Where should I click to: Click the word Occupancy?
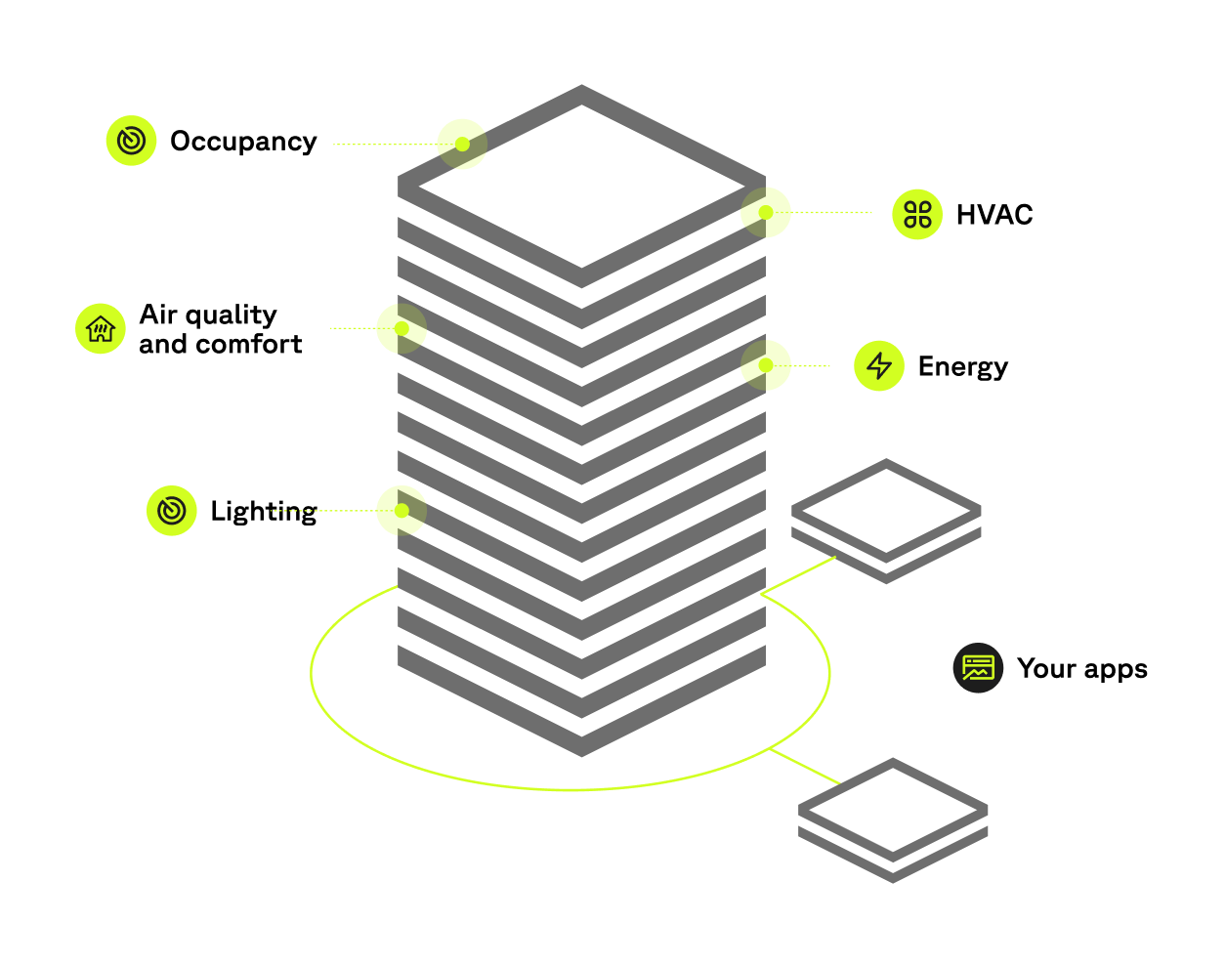pyautogui.click(x=243, y=142)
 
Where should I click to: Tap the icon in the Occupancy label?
pyautogui.click(x=132, y=141)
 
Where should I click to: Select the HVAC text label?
pyautogui.click(x=993, y=215)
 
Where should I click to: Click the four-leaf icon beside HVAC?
pyautogui.click(x=917, y=214)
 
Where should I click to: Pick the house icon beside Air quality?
pyautogui.click(x=101, y=328)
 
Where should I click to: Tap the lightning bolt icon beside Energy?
pyautogui.click(x=879, y=365)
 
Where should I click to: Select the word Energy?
pyautogui.click(x=962, y=367)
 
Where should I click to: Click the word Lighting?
pyautogui.click(x=264, y=512)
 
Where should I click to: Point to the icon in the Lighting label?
pyautogui.click(x=172, y=510)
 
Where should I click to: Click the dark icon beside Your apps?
pyautogui.click(x=978, y=668)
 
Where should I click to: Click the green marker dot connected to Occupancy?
pyautogui.click(x=462, y=145)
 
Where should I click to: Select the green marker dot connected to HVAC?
pyautogui.click(x=766, y=212)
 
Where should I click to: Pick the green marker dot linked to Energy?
pyautogui.click(x=766, y=365)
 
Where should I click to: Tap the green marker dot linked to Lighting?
pyautogui.click(x=402, y=510)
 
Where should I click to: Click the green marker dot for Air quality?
pyautogui.click(x=402, y=328)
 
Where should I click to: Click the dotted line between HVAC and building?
pyautogui.click(x=830, y=212)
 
